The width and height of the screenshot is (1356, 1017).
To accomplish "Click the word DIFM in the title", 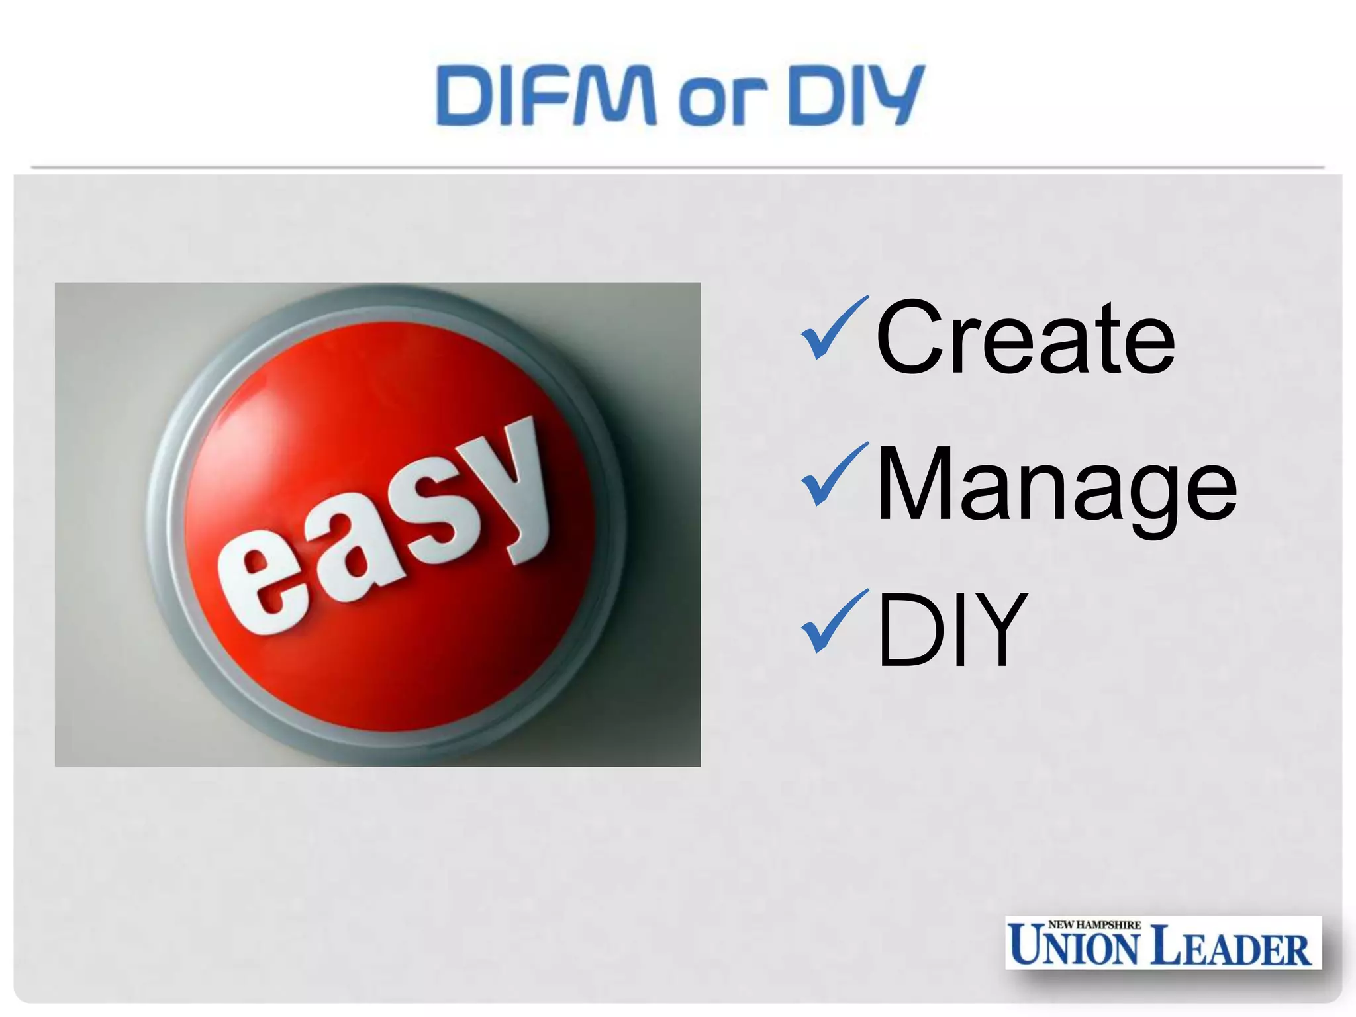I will [546, 96].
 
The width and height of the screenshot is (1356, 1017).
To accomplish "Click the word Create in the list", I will [1026, 337].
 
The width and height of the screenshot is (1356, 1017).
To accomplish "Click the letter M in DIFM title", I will [615, 96].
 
